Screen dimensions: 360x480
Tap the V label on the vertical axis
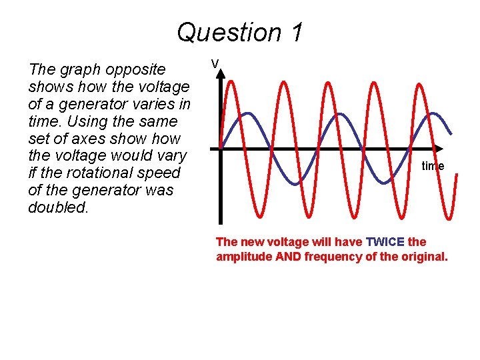point(215,63)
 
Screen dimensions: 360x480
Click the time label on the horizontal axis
point(433,166)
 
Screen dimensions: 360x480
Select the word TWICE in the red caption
point(385,241)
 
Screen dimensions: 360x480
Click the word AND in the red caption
point(288,257)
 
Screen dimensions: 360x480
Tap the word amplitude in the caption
point(244,257)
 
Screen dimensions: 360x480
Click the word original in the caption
point(423,257)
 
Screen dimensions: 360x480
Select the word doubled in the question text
point(58,207)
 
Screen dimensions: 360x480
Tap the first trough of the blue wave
point(293,183)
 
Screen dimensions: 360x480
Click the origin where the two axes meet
point(221,148)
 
